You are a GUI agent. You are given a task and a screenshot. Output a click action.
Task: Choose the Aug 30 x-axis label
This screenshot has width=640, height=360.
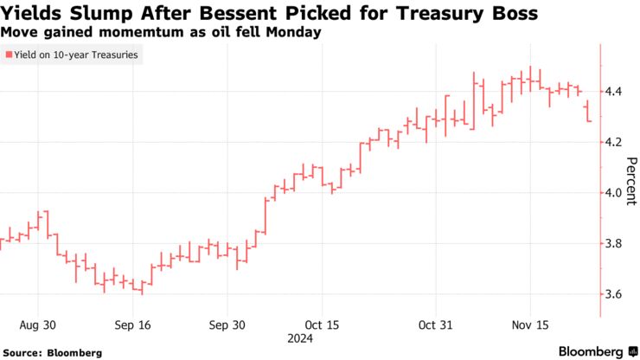point(39,325)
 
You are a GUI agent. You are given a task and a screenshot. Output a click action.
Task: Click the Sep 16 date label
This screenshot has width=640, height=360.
point(132,325)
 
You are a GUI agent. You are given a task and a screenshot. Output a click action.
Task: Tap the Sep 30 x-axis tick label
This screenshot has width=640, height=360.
point(227,325)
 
